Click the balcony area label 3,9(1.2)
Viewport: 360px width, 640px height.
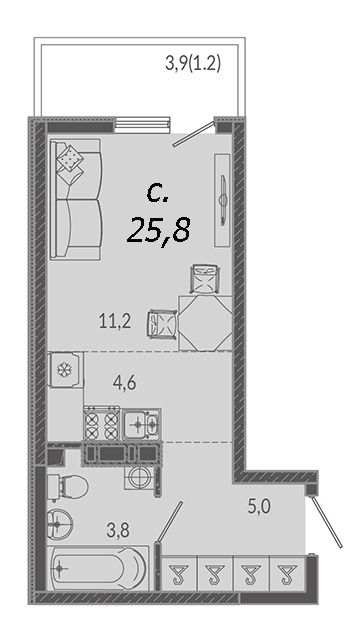coord(193,64)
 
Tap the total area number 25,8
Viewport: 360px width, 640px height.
coord(159,231)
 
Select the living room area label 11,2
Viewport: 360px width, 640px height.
coord(115,322)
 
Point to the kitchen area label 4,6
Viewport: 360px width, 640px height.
coord(124,383)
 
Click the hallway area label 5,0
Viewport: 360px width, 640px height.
coord(260,507)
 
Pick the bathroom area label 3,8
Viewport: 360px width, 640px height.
coord(118,531)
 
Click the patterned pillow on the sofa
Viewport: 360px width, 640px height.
coord(70,158)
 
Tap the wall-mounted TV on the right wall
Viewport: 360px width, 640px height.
coord(223,200)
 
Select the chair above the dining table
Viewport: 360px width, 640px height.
coord(205,279)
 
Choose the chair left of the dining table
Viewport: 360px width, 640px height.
coord(162,324)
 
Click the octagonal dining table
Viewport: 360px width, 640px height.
coord(205,323)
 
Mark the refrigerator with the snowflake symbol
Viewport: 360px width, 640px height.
coord(65,369)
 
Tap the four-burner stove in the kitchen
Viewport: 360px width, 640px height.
coord(102,424)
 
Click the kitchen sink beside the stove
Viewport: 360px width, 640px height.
coord(142,424)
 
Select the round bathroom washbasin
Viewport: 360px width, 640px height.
coord(60,523)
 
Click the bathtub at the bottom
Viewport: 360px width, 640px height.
coord(98,568)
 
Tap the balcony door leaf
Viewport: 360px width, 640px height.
coord(193,133)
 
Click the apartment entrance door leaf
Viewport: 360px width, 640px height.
coord(326,521)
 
